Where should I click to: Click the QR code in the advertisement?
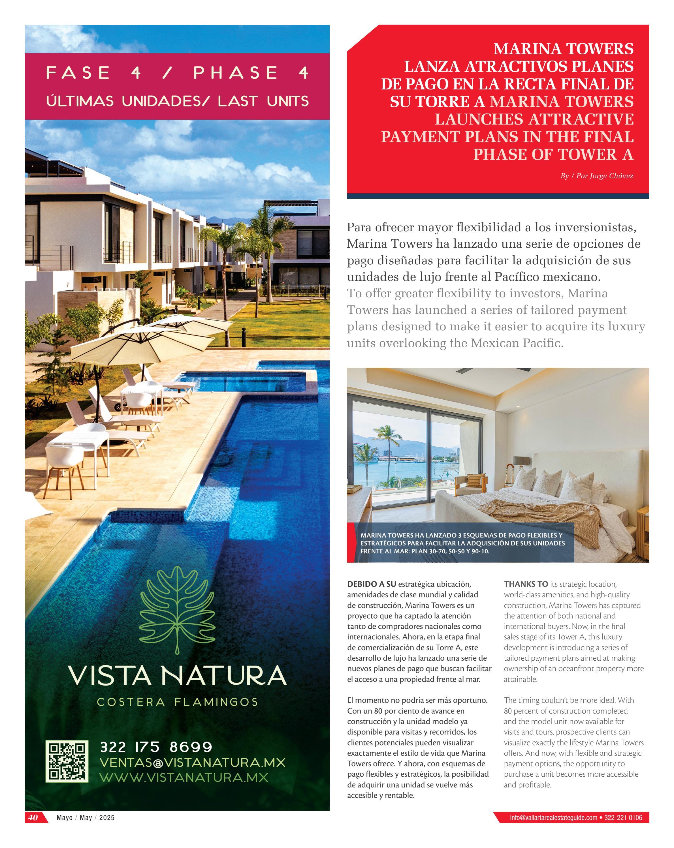coord(67,761)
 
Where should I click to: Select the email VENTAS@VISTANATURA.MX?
coord(192,762)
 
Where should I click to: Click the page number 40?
coord(33,817)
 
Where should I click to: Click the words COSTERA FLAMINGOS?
coord(178,702)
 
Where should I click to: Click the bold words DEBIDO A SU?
coord(372,584)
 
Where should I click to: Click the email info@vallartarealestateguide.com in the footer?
coord(553,818)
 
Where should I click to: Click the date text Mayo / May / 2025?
coord(85,818)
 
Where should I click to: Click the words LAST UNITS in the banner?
coord(263,101)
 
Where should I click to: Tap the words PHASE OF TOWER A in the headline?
coord(553,154)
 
